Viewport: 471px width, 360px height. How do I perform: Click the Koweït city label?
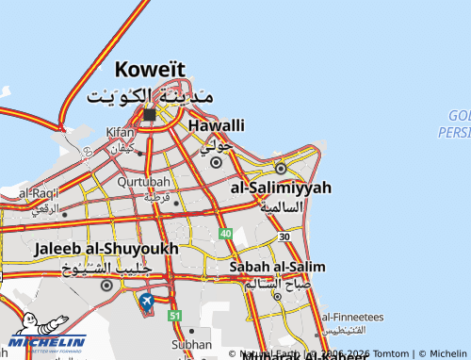[x=150, y=69]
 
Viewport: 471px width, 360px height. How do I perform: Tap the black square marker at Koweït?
[x=150, y=114]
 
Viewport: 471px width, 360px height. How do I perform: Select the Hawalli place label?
[x=217, y=125]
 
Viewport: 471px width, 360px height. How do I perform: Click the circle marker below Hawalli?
[x=216, y=162]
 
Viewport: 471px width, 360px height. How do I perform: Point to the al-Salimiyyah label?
[x=281, y=188]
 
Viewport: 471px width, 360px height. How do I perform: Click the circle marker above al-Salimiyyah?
[x=280, y=169]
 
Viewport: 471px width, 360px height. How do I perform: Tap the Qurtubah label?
[x=144, y=183]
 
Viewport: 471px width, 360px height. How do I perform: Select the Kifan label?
[x=121, y=133]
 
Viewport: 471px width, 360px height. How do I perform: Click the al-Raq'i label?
[x=39, y=193]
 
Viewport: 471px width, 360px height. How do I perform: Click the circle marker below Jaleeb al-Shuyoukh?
[x=106, y=285]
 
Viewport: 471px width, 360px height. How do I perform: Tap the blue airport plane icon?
[x=146, y=301]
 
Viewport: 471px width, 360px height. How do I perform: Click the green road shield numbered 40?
[x=225, y=233]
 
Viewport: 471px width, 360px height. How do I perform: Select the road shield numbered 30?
[x=284, y=237]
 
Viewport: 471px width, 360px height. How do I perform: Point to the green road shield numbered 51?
[x=174, y=315]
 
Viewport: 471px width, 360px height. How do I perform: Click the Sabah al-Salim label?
[x=277, y=267]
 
